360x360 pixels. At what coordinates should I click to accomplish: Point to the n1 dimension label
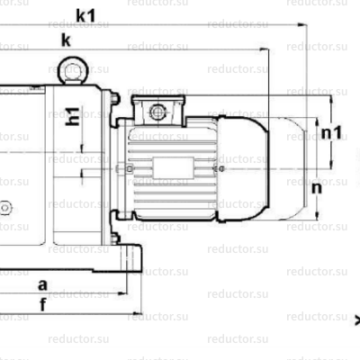[332, 133]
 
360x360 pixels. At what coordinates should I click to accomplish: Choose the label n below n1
[317, 189]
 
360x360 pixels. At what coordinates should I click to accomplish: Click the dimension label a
[42, 284]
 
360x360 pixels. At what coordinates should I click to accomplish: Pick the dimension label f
[42, 304]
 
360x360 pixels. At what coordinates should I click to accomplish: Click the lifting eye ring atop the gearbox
[70, 71]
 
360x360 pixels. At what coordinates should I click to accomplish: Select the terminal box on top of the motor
[158, 109]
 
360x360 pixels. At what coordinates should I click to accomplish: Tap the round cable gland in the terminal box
[158, 112]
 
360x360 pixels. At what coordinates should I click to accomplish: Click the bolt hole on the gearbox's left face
[4, 208]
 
